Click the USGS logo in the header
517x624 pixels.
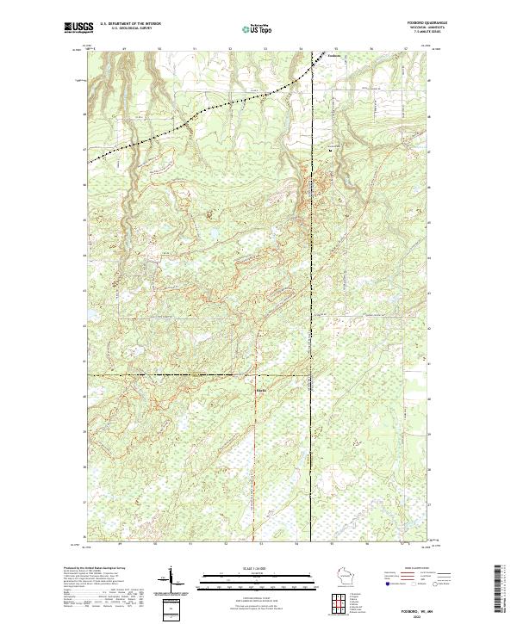pos(78,27)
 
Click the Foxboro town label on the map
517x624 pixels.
pos(335,57)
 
